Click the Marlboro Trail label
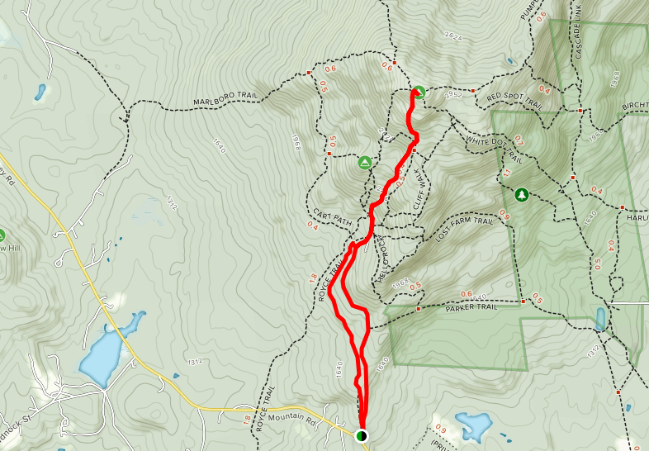(x=225, y=101)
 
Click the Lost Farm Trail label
(x=464, y=229)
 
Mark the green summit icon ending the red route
(x=418, y=92)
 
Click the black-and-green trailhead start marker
(x=362, y=435)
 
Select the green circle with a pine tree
(x=521, y=195)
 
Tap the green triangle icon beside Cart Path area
(x=364, y=162)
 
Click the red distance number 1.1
(x=508, y=174)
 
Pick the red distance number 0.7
(x=519, y=139)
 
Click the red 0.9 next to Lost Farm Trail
(x=504, y=217)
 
